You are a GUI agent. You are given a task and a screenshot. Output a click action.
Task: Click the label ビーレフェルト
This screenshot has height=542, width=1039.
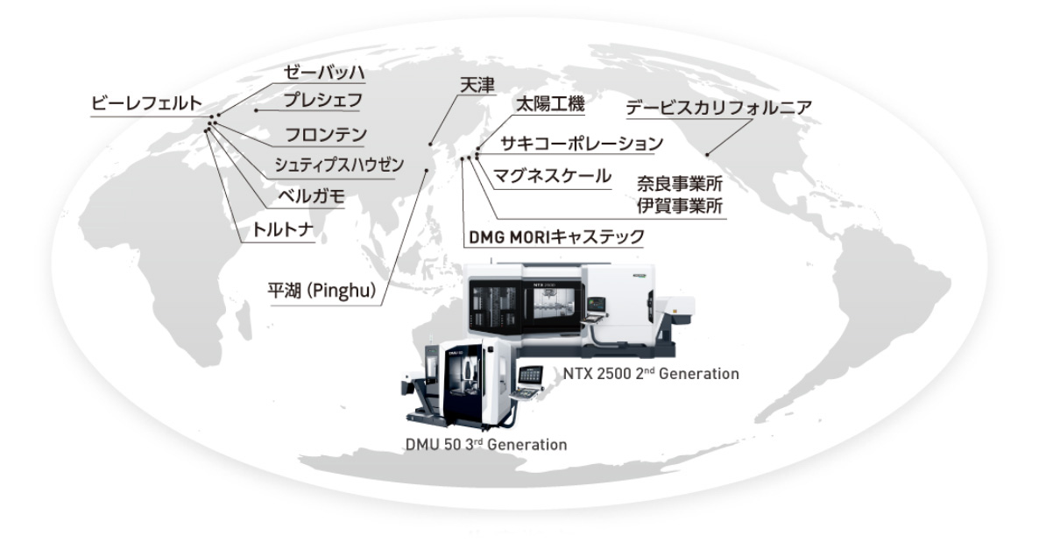(145, 103)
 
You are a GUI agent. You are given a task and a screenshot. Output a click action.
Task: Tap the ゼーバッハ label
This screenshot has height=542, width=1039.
(324, 72)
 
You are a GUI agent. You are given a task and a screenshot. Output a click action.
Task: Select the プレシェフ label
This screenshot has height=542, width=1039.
(322, 100)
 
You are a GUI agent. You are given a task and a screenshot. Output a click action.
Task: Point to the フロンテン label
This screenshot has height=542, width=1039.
(325, 135)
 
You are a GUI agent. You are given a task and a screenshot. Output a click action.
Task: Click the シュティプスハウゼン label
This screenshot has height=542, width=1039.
(339, 165)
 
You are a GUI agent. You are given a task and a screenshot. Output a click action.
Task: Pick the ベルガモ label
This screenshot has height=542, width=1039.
(311, 196)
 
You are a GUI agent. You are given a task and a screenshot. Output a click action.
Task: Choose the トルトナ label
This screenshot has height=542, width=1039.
(283, 230)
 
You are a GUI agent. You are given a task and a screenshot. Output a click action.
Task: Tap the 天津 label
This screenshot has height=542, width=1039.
(477, 85)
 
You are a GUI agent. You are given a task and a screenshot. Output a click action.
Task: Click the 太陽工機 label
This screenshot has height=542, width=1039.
(550, 104)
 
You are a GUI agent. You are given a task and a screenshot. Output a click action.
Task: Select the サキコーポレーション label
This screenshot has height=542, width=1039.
(581, 143)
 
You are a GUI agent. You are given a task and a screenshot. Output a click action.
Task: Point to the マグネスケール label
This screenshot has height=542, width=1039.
(552, 176)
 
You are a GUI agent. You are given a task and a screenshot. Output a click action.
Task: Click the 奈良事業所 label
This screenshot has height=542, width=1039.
(680, 184)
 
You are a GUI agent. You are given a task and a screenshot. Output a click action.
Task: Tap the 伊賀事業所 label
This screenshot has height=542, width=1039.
(680, 206)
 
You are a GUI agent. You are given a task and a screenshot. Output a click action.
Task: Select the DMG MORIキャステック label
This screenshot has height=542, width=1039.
(556, 236)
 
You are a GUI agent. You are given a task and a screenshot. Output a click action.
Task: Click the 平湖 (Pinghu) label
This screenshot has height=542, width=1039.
(322, 290)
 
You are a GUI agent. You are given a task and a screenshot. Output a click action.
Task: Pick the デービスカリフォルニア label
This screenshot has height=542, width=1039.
(719, 108)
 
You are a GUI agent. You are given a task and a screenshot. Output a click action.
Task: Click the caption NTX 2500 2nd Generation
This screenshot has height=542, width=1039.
(651, 373)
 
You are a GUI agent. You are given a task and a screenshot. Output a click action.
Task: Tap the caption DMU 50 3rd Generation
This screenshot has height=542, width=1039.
(485, 444)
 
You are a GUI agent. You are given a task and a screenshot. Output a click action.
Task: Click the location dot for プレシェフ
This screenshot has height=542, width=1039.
(257, 110)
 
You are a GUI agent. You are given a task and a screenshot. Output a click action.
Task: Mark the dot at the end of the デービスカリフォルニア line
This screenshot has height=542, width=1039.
(707, 155)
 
